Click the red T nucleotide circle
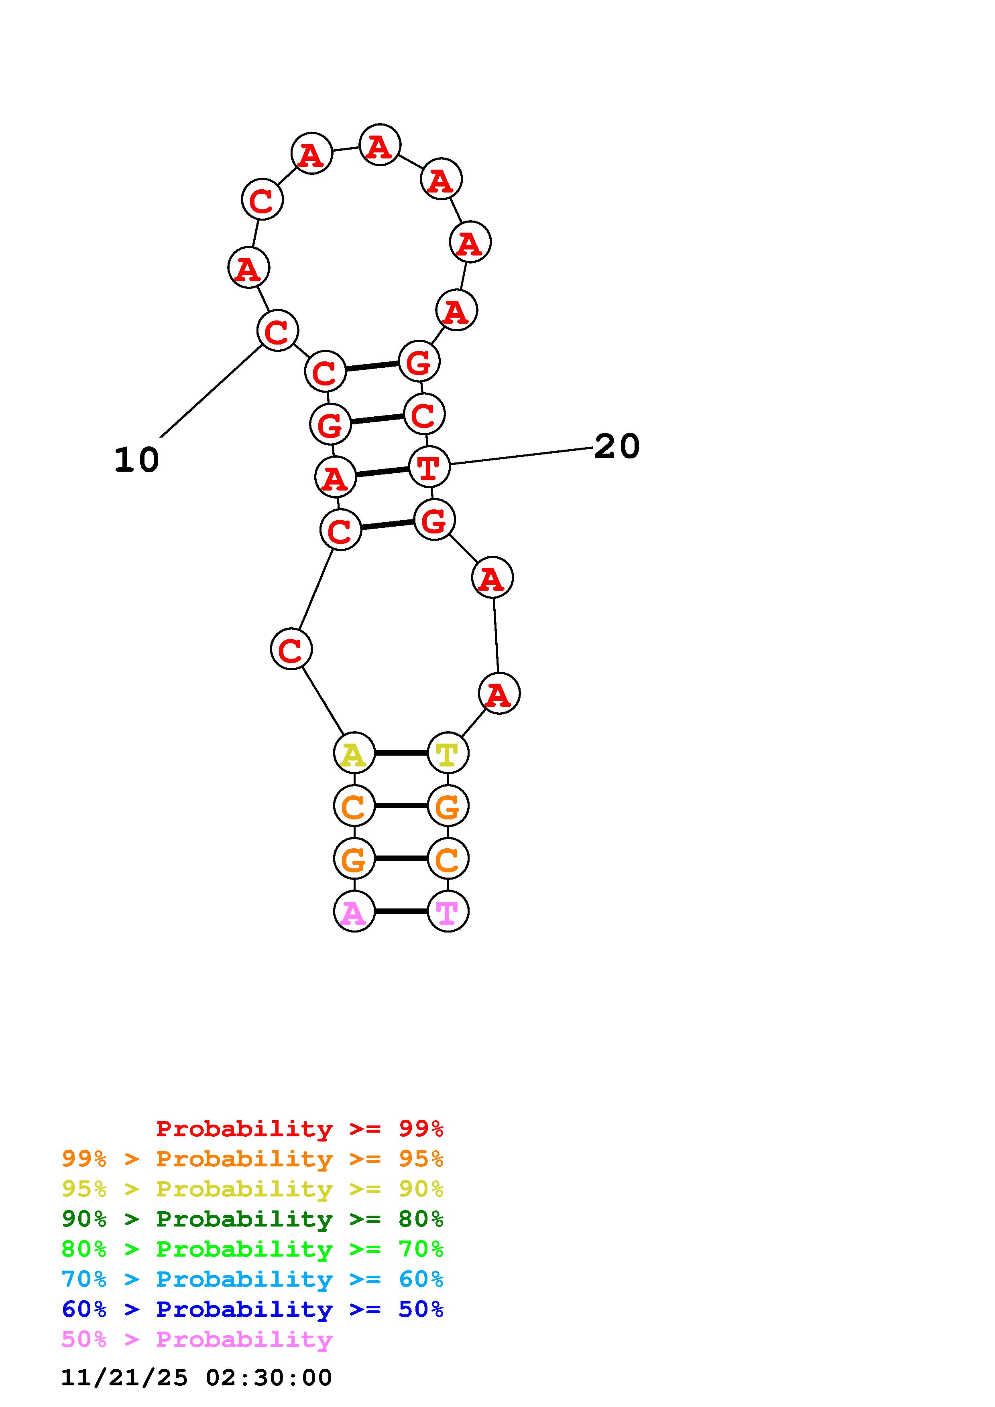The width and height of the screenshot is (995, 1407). [x=429, y=467]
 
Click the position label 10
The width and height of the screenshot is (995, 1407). [x=136, y=460]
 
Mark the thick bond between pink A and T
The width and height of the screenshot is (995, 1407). [x=401, y=911]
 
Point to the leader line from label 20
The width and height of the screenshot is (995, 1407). [x=521, y=456]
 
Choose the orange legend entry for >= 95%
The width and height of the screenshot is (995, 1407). [x=252, y=1159]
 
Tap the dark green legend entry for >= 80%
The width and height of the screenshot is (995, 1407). [x=252, y=1219]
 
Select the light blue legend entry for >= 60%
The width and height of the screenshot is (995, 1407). [x=252, y=1279]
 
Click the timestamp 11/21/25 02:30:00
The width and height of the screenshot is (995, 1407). [x=196, y=1378]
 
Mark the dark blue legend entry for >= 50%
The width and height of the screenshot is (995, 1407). [x=252, y=1309]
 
